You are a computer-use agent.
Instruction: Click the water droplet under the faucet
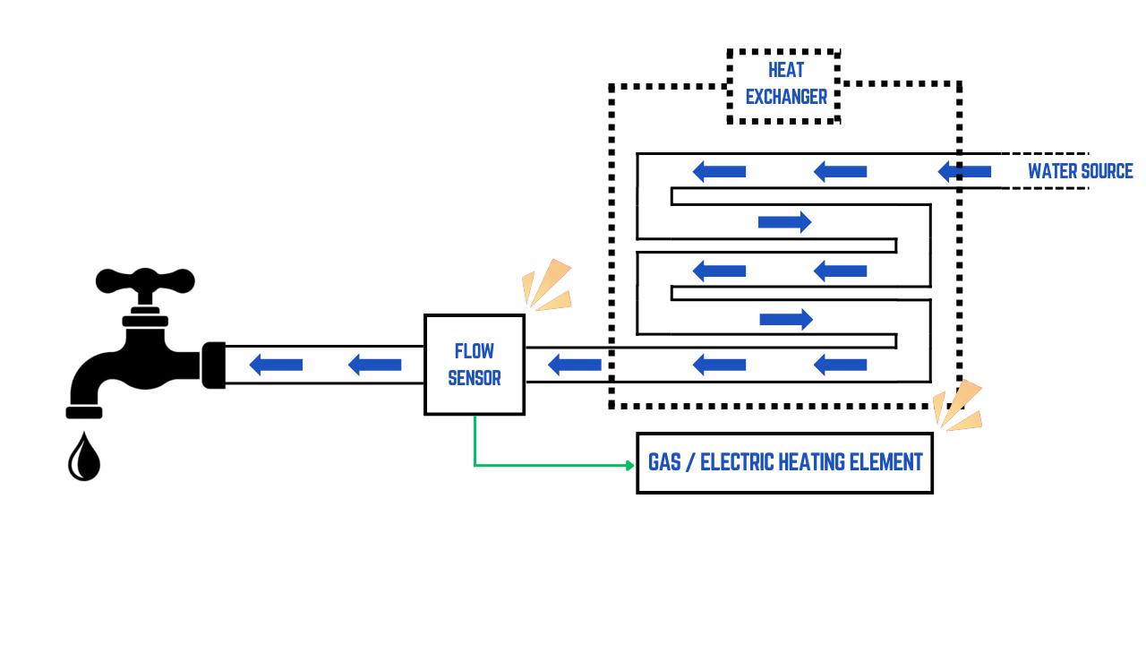[x=84, y=458]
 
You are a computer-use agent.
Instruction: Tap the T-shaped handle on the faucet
[x=145, y=281]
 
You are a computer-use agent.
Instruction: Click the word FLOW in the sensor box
[x=474, y=351]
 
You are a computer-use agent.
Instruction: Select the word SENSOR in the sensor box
[x=474, y=378]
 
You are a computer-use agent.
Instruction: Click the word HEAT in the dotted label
[x=785, y=70]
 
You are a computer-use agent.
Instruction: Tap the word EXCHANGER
[x=785, y=97]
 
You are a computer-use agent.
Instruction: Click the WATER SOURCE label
[x=1080, y=171]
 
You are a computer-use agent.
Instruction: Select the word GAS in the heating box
[x=665, y=462]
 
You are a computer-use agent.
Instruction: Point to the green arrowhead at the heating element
[x=629, y=465]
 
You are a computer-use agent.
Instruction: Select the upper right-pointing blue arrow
[x=784, y=222]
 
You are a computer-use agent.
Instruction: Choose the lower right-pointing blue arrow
[x=785, y=319]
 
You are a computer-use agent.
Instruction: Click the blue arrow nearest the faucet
[x=276, y=365]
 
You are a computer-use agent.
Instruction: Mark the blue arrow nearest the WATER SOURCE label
[x=964, y=171]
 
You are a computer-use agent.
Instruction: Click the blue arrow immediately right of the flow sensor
[x=574, y=365]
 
